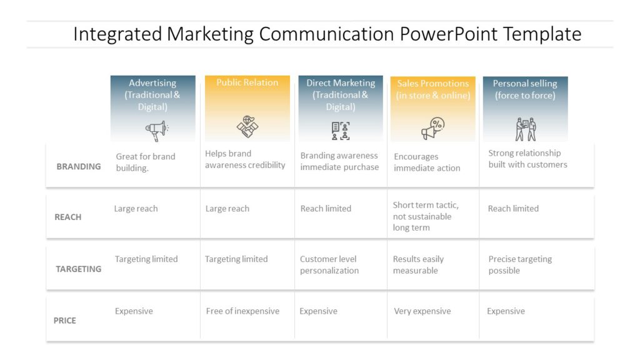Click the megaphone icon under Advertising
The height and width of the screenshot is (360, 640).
pos(156,130)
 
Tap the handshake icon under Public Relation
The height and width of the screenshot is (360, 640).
pos(247,127)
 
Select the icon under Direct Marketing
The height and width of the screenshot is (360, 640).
pos(341,130)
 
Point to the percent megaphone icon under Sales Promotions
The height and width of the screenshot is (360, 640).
pos(432,129)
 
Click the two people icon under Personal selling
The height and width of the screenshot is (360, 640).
pos(526,129)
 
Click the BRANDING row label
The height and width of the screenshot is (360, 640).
pos(79,167)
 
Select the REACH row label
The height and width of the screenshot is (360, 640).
pos(68,217)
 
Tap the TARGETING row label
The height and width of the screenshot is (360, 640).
pos(79,269)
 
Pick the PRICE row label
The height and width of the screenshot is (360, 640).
pos(65,321)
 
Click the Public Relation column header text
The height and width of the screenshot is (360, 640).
pos(247,82)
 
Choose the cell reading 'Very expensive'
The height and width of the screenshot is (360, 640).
pos(422,311)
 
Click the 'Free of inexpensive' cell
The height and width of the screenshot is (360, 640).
pos(242,311)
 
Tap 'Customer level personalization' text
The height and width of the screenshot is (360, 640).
pos(329,265)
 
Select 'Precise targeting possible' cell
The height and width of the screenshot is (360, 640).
pos(520,265)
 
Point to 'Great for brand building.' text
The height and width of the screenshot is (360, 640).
pos(146,162)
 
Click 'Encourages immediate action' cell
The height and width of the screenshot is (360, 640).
pos(427,162)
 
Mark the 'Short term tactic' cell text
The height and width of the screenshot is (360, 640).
pos(426,216)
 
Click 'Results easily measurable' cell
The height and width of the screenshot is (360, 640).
pos(419,265)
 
